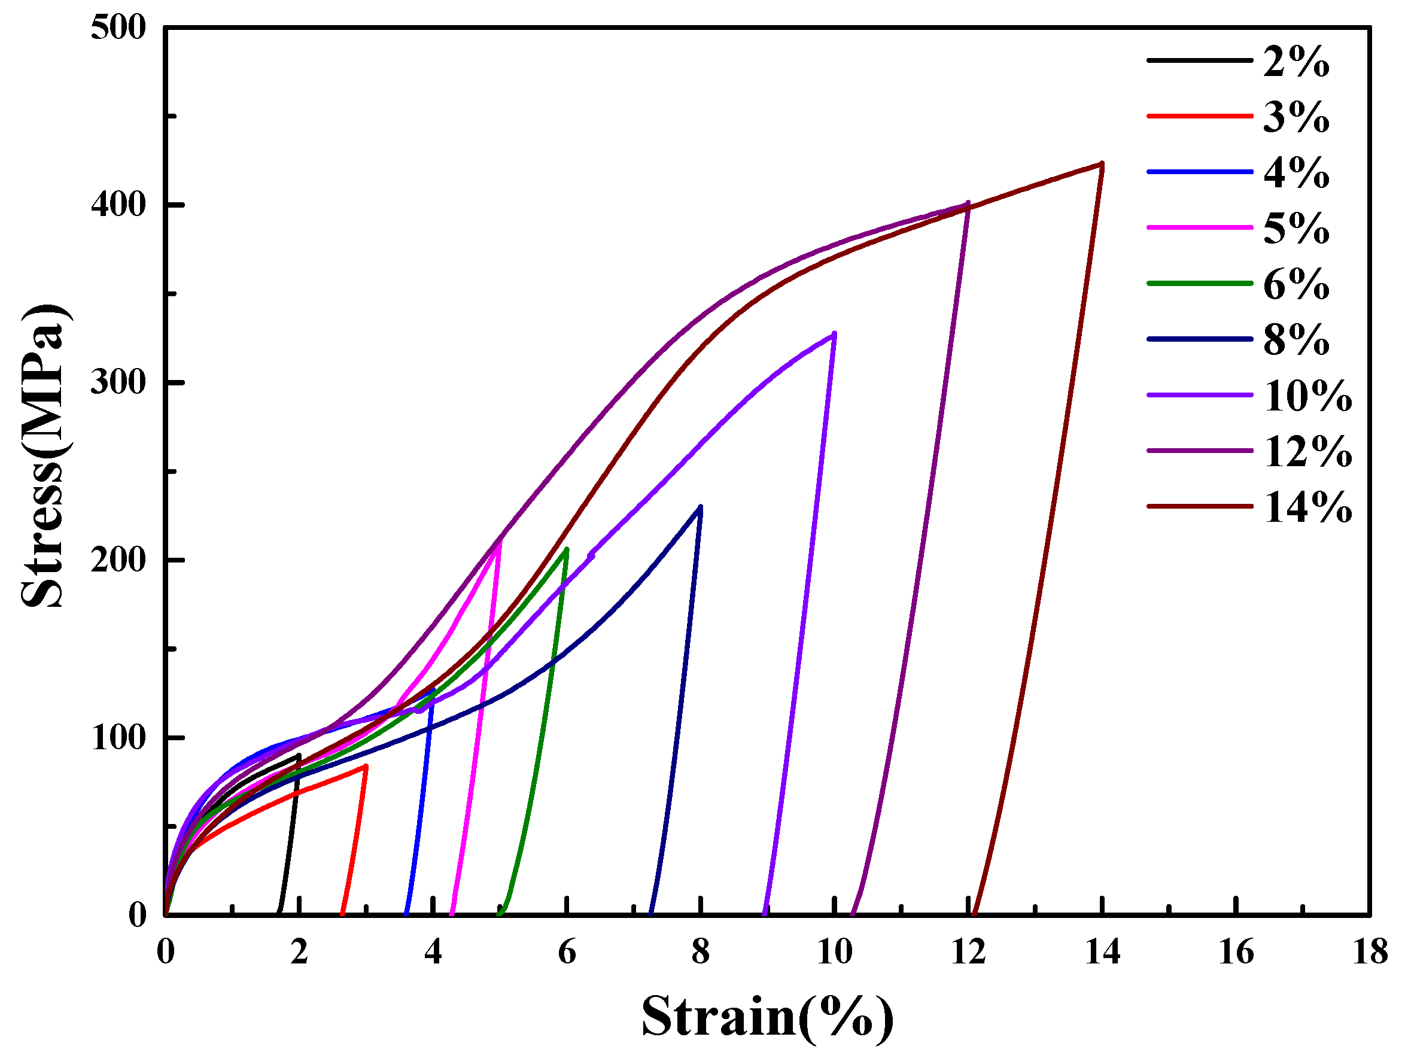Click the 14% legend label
(x=1308, y=508)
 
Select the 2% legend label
(x=1295, y=62)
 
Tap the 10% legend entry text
(x=1308, y=396)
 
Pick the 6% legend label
(x=1295, y=285)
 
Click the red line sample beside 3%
(x=1199, y=116)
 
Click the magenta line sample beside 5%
(x=1199, y=227)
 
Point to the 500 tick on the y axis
(x=118, y=28)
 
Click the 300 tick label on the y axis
(x=118, y=383)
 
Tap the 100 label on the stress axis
(x=118, y=738)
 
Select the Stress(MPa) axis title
(x=43, y=456)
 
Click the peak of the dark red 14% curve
(x=1102, y=164)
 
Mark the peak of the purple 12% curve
(x=968, y=203)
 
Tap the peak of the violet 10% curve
(x=834, y=333)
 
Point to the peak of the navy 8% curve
(x=700, y=507)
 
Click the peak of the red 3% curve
(x=365, y=767)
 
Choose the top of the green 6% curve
(x=566, y=549)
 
